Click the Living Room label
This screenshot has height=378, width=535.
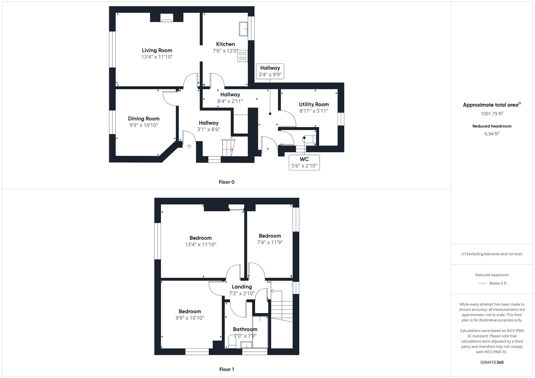coord(157,50)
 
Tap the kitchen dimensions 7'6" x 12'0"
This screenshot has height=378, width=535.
coord(225,51)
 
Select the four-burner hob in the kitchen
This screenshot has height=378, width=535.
coord(243,56)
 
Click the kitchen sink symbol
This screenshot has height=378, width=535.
coord(243,29)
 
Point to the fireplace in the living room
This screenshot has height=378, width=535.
coord(167,18)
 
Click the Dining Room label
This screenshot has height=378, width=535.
coord(144,119)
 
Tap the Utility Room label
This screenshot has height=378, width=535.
coord(314,104)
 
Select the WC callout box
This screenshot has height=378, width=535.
coord(304,162)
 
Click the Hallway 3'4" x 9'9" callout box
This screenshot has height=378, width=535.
coord(270,71)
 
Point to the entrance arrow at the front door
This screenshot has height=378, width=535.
coord(189,147)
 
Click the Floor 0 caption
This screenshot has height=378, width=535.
coord(226,182)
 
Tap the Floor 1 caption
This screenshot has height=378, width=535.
coord(226,369)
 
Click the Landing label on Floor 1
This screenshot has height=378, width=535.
coord(242,287)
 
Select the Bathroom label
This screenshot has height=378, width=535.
coord(245,329)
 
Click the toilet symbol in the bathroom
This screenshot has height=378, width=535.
coord(232,342)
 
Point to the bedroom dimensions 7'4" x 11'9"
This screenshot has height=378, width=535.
coord(270,243)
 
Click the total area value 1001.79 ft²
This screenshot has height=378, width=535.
coord(492,114)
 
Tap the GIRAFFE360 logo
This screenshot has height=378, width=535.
coord(492,363)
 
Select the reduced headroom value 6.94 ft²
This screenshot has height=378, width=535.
coord(492,134)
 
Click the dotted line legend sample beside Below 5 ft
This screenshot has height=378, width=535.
coord(482,283)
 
